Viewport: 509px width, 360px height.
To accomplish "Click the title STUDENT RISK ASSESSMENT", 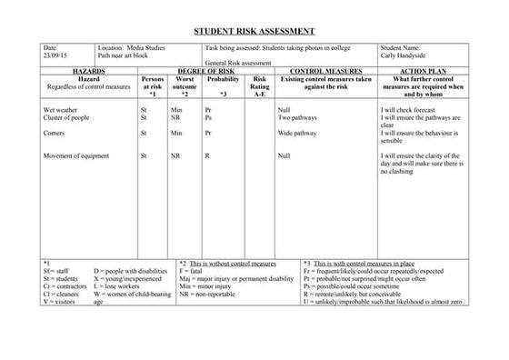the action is pyautogui.click(x=254, y=32).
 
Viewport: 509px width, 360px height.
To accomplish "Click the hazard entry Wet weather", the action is pyautogui.click(x=60, y=109).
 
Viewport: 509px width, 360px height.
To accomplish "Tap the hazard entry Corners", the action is pyautogui.click(x=54, y=133).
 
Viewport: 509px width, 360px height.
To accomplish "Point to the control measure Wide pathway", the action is pyautogui.click(x=297, y=133).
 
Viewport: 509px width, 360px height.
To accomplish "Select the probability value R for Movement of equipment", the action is pyautogui.click(x=207, y=156).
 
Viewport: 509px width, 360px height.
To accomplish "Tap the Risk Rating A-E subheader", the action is pyautogui.click(x=260, y=86).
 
